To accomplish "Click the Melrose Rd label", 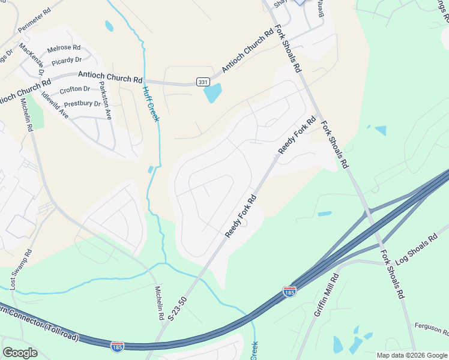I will [x=64, y=47].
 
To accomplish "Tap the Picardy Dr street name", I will [x=66, y=60].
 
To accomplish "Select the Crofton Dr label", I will [x=74, y=90].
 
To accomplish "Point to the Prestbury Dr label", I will [x=82, y=103].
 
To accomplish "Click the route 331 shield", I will [x=202, y=81].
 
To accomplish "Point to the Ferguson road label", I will [x=431, y=328].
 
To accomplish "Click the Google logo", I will [x=20, y=352].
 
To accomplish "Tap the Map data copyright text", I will [x=411, y=355].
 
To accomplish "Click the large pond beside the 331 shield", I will [x=212, y=93].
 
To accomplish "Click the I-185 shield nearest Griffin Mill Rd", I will [x=289, y=292].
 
